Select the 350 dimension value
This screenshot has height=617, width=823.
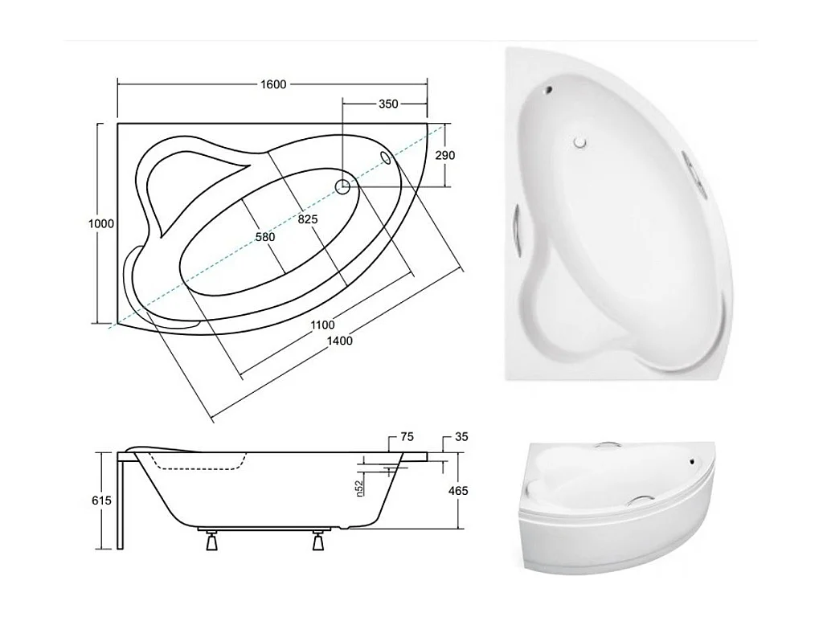pyautogui.click(x=388, y=104)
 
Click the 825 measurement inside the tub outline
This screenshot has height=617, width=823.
pyautogui.click(x=308, y=219)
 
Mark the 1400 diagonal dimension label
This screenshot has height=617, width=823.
pyautogui.click(x=340, y=341)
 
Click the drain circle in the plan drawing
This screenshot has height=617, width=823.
pyautogui.click(x=342, y=186)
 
